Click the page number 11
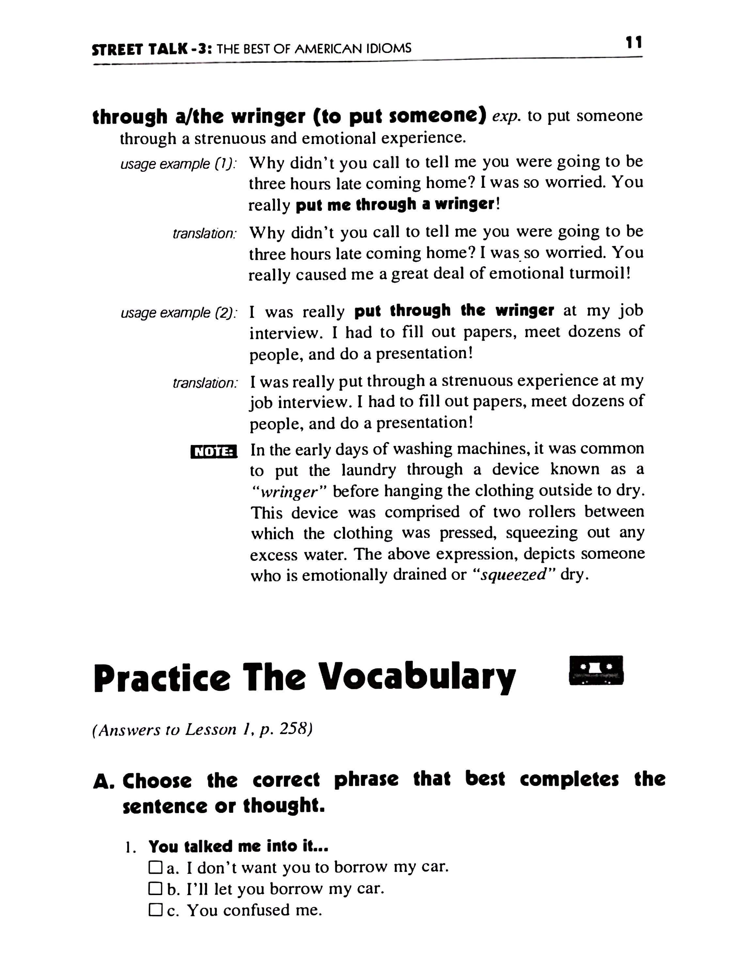point(634,42)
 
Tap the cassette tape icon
point(595,670)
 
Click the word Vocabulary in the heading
point(419,677)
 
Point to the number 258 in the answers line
point(295,730)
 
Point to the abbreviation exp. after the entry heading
point(507,116)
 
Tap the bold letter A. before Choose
point(103,782)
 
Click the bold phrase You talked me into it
point(239,846)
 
